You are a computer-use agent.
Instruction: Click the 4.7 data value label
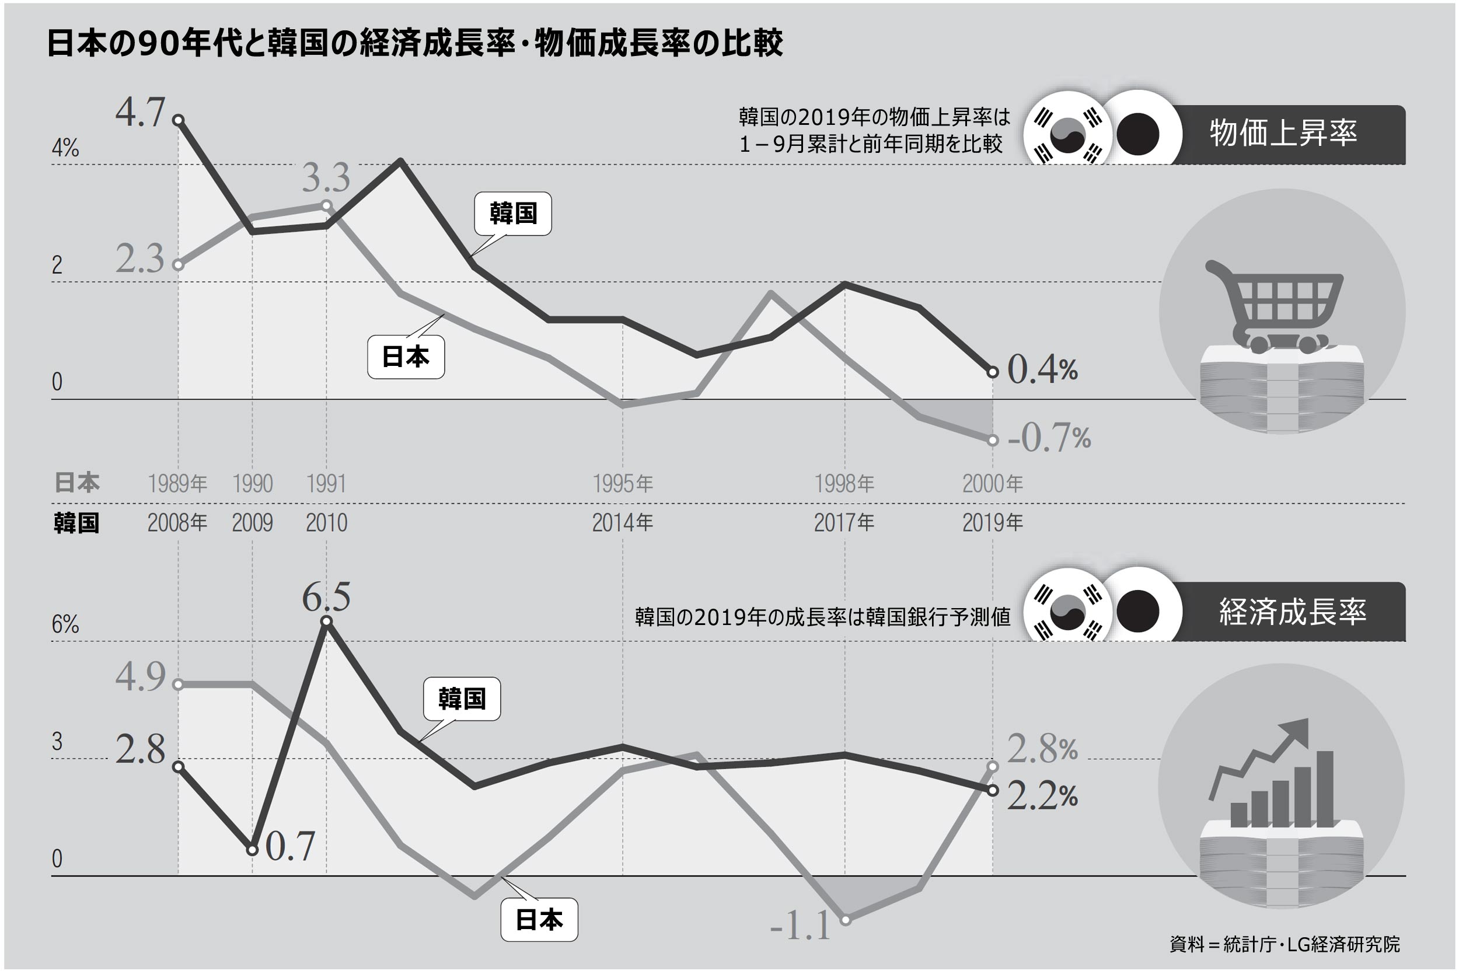[141, 113]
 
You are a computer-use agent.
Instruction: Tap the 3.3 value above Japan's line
[326, 177]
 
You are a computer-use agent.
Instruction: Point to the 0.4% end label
[1042, 369]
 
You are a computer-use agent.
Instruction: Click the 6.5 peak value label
[326, 597]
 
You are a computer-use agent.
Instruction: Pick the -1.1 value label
[800, 926]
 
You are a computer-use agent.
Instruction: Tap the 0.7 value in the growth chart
[290, 846]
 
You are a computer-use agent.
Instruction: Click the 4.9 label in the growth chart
[141, 676]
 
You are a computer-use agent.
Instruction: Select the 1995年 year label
[622, 483]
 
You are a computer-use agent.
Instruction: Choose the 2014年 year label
[622, 523]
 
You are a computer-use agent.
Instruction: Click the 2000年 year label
[992, 483]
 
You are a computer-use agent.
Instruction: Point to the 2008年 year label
[177, 523]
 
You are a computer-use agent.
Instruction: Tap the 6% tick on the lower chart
[65, 624]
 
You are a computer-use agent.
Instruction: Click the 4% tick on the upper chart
[65, 148]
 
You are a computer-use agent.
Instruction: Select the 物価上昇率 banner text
[1283, 133]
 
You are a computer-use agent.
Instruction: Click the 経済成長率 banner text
[1293, 611]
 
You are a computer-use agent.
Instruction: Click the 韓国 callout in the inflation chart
[512, 214]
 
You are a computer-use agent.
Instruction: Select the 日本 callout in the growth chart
[539, 919]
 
